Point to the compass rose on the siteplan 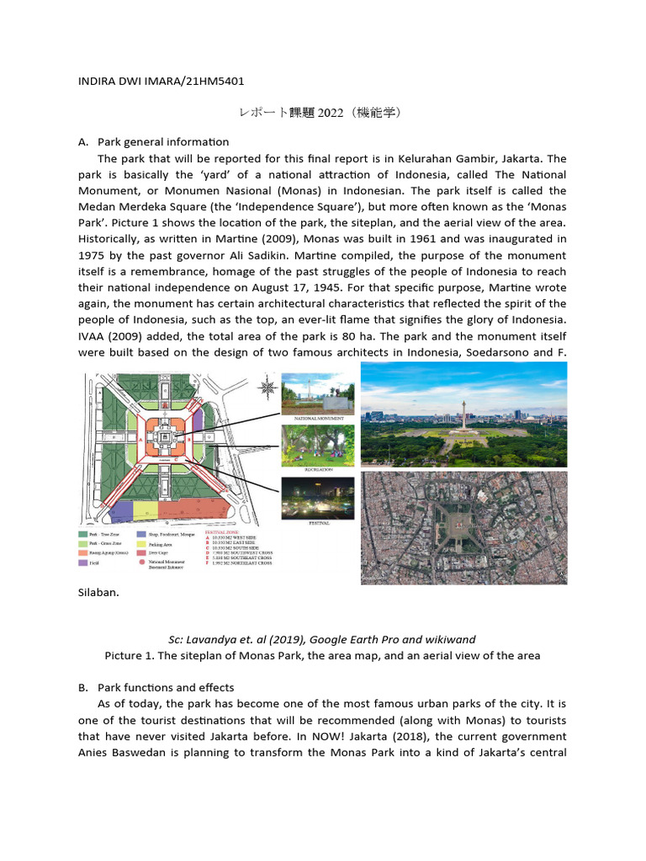tap(267, 388)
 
